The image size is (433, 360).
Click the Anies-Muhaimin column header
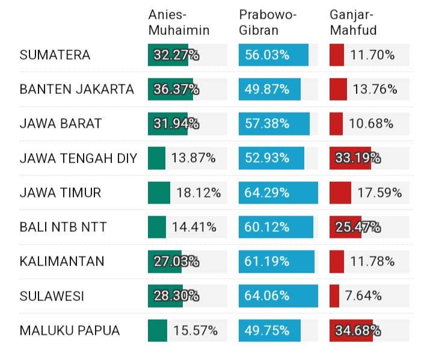[x=179, y=22]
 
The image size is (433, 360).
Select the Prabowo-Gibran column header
[x=268, y=22]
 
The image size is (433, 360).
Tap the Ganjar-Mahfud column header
[x=353, y=22]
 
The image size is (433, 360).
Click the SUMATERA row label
[x=55, y=55]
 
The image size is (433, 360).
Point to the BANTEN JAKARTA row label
[x=77, y=90]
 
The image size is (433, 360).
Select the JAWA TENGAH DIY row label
[x=78, y=158]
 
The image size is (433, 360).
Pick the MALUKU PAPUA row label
[x=70, y=331]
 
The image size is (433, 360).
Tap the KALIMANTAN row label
[x=62, y=261]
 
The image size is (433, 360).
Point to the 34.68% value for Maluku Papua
[x=358, y=331]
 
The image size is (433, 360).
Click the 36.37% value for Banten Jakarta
[x=176, y=90]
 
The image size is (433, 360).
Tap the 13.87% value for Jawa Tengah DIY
[x=194, y=158]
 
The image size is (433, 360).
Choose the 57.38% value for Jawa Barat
[x=267, y=124]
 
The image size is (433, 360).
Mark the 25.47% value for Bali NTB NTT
[x=358, y=227]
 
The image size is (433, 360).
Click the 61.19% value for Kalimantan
[x=267, y=261]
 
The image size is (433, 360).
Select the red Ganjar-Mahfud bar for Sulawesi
[x=334, y=296]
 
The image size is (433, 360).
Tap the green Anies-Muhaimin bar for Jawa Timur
[x=158, y=193]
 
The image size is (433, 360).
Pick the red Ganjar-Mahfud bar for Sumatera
[x=337, y=55]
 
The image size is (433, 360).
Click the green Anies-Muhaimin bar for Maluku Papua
[x=157, y=331]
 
